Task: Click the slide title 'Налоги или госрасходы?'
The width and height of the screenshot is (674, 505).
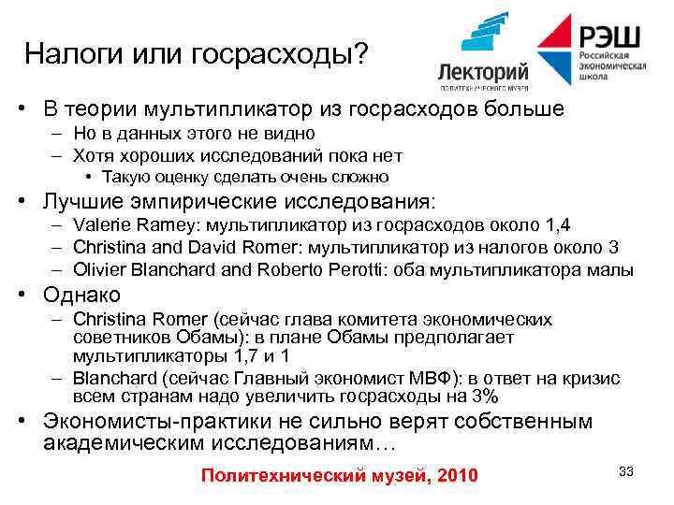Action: coord(197,53)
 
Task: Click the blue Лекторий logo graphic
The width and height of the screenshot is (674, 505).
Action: coord(484,36)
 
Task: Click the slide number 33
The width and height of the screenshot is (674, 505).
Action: coord(626,471)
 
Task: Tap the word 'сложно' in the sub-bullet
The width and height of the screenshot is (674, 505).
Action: coord(359,177)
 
